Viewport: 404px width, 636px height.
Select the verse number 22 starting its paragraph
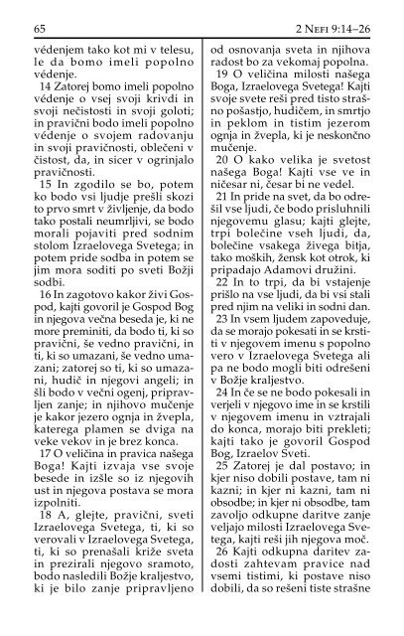click(x=217, y=366)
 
